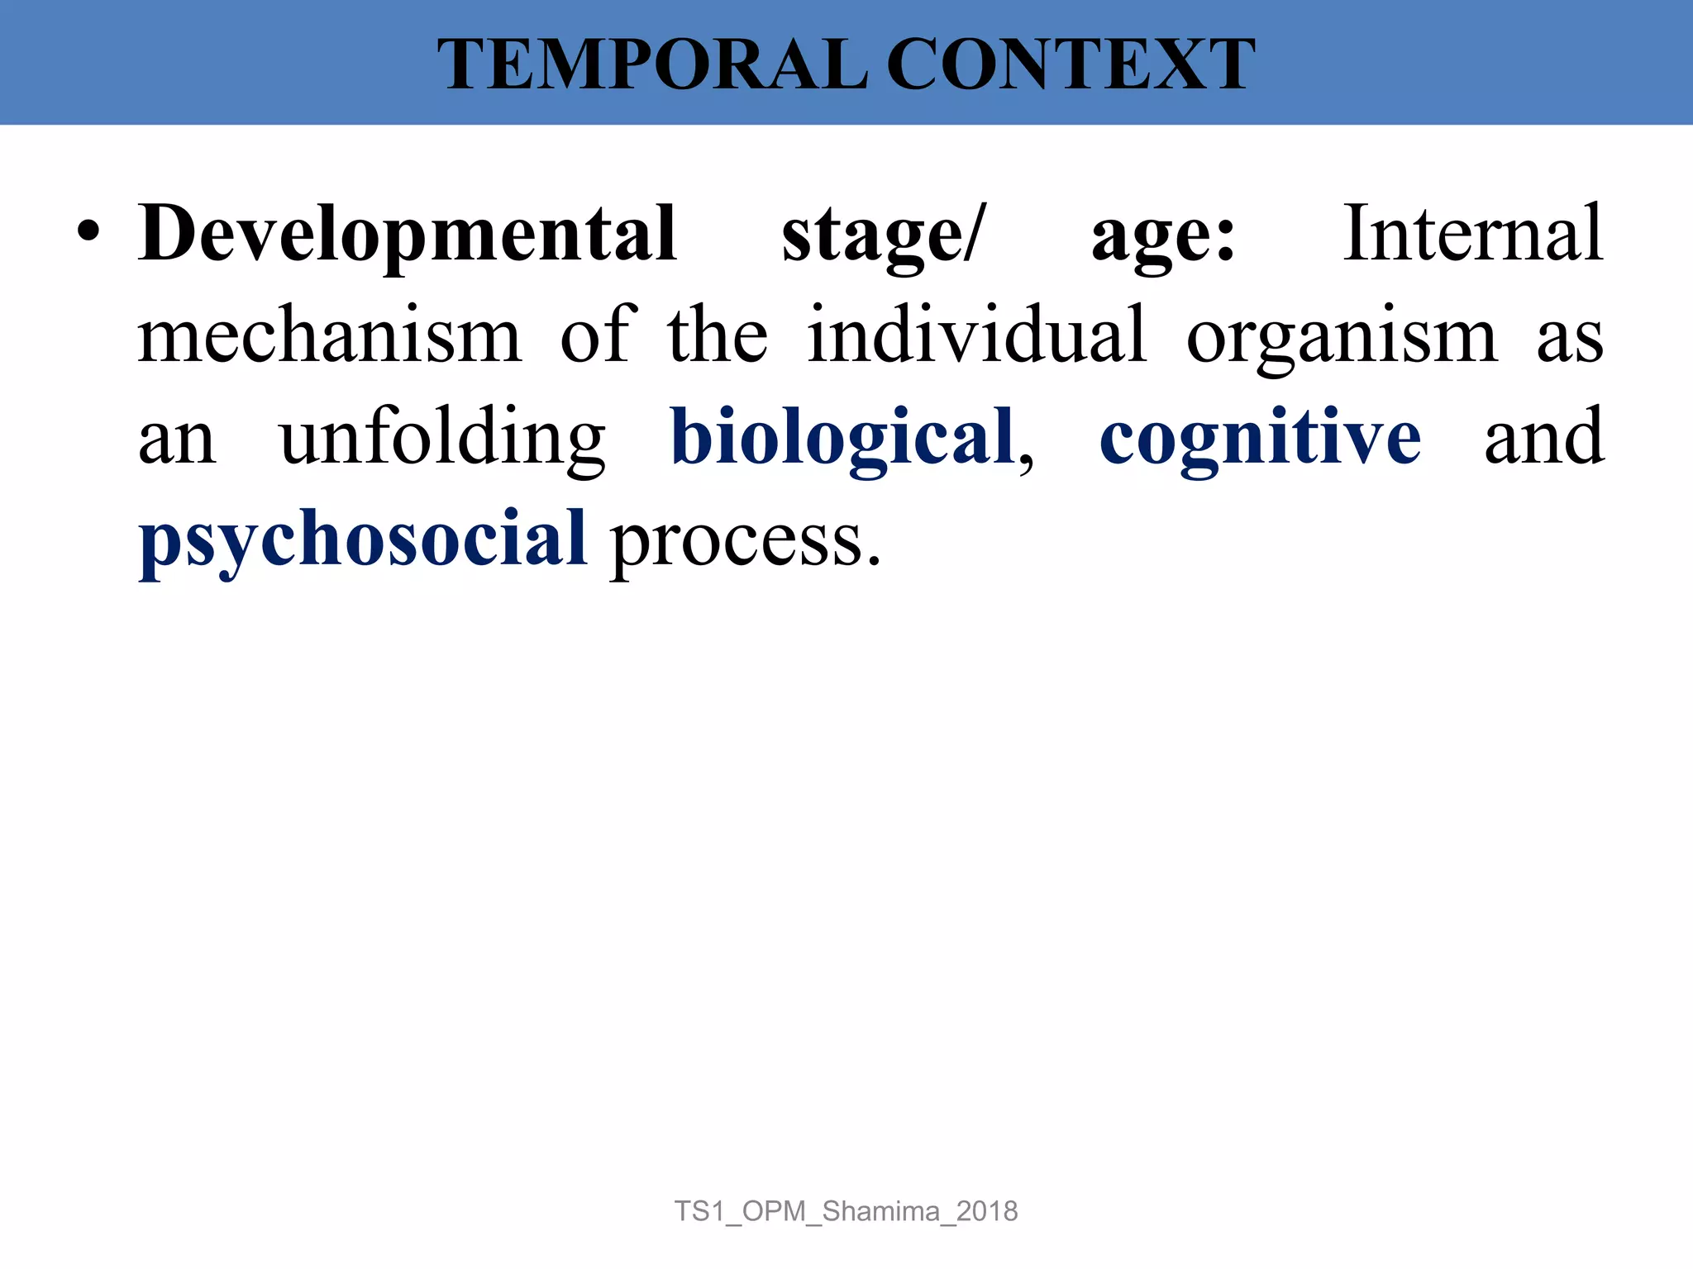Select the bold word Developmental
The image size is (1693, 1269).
pyautogui.click(x=408, y=235)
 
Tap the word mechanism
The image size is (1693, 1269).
pyautogui.click(x=330, y=335)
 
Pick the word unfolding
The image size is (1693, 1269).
pyautogui.click(x=443, y=438)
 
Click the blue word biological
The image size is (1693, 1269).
pyautogui.click(x=842, y=438)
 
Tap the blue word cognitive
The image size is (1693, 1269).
pyautogui.click(x=1260, y=438)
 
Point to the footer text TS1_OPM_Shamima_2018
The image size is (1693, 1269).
pyautogui.click(x=846, y=1211)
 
